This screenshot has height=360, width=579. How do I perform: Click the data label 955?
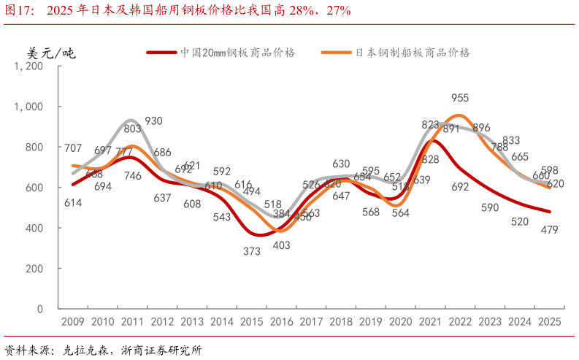[x=460, y=98]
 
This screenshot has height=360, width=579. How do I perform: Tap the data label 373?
[x=252, y=251]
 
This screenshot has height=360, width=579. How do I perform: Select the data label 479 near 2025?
[x=549, y=230]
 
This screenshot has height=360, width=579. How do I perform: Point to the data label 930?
[x=153, y=121]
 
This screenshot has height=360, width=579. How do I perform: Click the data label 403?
[x=282, y=245]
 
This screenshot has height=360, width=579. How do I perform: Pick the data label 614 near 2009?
[x=72, y=203]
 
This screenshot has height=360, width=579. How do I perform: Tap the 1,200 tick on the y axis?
[x=29, y=66]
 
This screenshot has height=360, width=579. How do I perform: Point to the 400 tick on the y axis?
[x=34, y=228]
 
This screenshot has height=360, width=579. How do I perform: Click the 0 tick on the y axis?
[x=39, y=309]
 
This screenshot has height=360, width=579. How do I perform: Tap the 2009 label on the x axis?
[x=72, y=322]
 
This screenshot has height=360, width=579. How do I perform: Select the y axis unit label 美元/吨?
[x=51, y=53]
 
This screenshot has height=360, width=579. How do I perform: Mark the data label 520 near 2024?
[x=521, y=222]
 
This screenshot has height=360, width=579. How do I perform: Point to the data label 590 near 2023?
[x=489, y=207]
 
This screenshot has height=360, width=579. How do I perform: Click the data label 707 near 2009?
[x=73, y=149]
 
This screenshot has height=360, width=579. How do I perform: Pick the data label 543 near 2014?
[x=222, y=217]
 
